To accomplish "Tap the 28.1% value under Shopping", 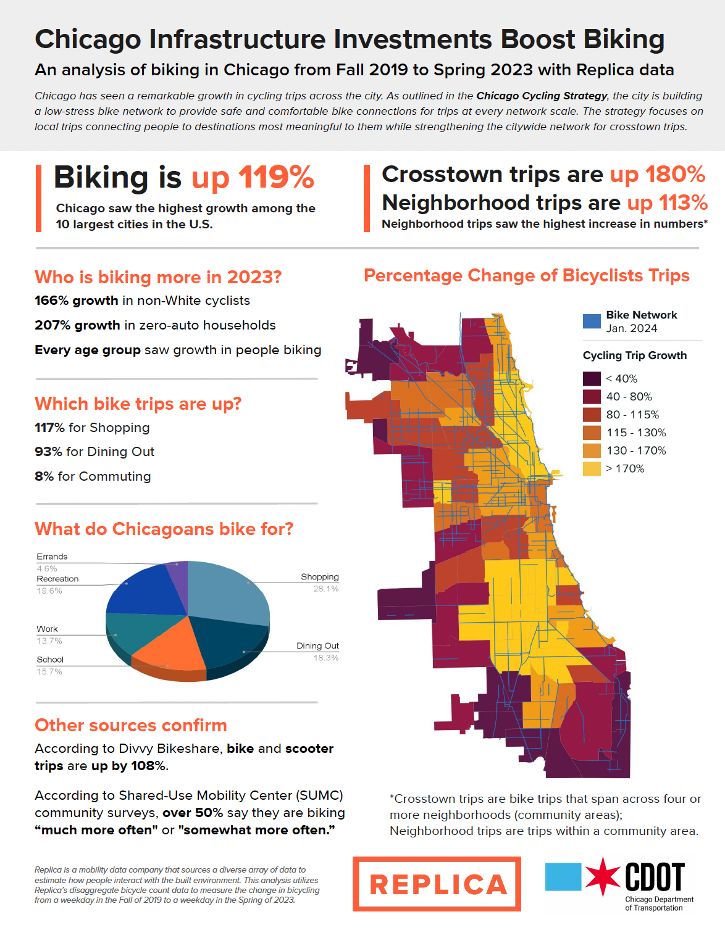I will (325, 589).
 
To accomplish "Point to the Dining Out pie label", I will (317, 645).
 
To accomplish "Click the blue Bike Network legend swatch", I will (592, 321).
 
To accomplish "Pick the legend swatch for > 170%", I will (592, 468).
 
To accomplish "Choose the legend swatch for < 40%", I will (592, 378).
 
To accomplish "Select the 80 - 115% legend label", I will (632, 415).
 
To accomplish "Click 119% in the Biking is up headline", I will (276, 178).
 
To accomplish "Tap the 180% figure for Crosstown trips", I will (675, 175).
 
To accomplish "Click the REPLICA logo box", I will (437, 884).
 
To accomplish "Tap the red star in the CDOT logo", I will (602, 876).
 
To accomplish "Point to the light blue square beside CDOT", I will (563, 876).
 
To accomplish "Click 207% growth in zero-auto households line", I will (155, 325).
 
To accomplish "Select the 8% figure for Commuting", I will (44, 476).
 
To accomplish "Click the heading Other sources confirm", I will (131, 725).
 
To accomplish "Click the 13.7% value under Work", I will (49, 641).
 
